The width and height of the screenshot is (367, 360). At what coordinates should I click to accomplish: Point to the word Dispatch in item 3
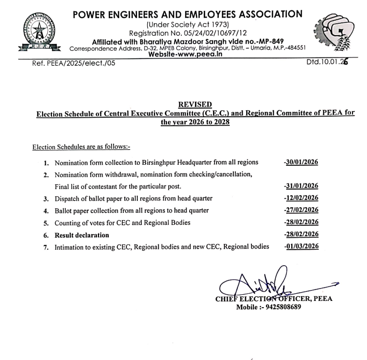68,199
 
